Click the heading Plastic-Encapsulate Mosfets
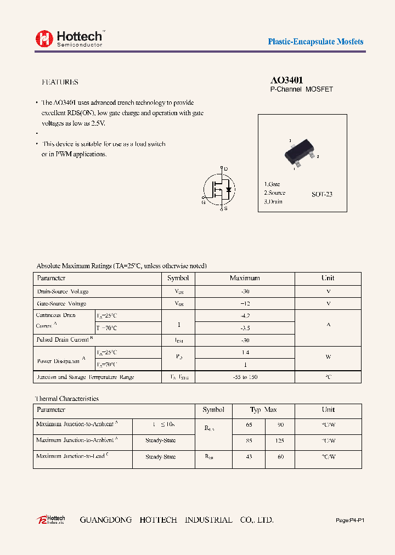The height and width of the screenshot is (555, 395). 315,42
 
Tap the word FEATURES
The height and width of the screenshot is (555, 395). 60,82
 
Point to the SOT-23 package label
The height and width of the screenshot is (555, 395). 321,195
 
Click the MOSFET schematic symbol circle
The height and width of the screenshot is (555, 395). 219,189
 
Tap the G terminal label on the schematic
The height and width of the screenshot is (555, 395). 204,202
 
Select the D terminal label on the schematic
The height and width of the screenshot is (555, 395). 226,169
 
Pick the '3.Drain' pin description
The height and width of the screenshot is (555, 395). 273,202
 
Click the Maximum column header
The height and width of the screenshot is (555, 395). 245,278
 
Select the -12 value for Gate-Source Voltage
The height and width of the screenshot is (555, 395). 245,303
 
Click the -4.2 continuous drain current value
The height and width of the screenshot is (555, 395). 245,316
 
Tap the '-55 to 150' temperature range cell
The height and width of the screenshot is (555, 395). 245,377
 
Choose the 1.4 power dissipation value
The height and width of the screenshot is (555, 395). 245,353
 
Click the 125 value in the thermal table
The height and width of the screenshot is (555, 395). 281,440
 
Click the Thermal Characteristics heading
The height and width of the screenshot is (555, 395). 67,399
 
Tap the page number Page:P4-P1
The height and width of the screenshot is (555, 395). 349,520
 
